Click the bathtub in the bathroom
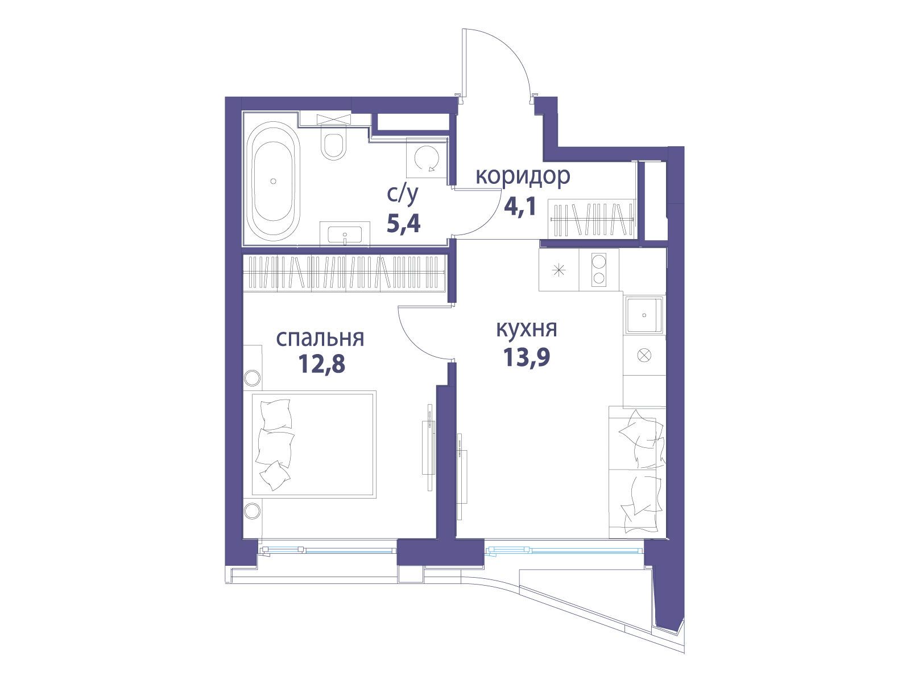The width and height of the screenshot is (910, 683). [x=273, y=181]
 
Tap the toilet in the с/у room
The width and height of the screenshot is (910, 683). [x=334, y=145]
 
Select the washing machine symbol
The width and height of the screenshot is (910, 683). [x=427, y=159]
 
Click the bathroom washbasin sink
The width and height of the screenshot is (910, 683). [x=345, y=235]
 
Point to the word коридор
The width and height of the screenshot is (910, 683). [x=523, y=176]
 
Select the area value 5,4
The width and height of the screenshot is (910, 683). [x=403, y=223]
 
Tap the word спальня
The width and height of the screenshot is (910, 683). [x=320, y=339]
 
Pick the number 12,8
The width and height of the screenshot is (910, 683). [x=322, y=364]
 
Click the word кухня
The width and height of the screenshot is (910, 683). [x=527, y=330]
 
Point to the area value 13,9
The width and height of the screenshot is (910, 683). [x=527, y=357]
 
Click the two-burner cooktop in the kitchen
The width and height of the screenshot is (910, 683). [x=599, y=270]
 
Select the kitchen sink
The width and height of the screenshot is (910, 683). [x=644, y=315]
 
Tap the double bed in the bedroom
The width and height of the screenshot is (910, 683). [x=314, y=444]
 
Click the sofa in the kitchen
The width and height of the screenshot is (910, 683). [x=637, y=472]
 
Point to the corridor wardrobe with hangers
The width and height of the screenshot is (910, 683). [x=591, y=219]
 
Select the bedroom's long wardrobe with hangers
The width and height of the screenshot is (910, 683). [x=344, y=272]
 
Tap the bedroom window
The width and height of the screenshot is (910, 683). [x=327, y=550]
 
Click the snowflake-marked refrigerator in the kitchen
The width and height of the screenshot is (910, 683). [x=559, y=270]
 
